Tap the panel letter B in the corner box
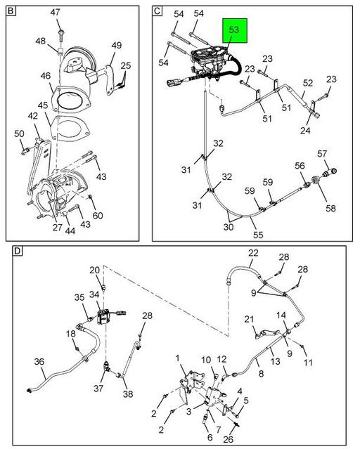(x=11, y=11)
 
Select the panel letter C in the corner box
(x=157, y=11)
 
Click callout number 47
(x=55, y=13)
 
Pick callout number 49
(x=116, y=46)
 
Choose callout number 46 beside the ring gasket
(x=46, y=75)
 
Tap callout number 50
(x=19, y=133)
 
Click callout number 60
(x=98, y=216)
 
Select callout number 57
(x=322, y=153)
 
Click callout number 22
(x=252, y=254)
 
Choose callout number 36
(x=40, y=363)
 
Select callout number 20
(x=94, y=271)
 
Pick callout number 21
(x=249, y=320)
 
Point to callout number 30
(x=227, y=227)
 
